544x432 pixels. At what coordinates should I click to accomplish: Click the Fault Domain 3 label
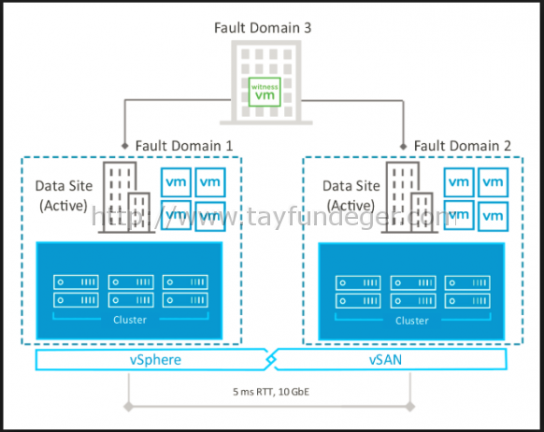(x=263, y=28)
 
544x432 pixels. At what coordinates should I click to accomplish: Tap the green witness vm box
(x=265, y=92)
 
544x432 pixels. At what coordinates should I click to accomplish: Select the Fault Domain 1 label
(x=184, y=146)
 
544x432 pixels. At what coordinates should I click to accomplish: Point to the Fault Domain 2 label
(x=463, y=146)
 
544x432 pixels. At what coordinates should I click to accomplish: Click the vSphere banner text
(x=155, y=360)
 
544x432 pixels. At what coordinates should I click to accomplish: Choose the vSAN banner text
(x=385, y=360)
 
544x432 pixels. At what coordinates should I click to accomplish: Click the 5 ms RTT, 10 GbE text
(x=271, y=392)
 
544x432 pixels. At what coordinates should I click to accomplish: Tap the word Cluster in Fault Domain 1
(x=130, y=320)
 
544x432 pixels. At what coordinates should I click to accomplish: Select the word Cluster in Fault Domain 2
(x=412, y=321)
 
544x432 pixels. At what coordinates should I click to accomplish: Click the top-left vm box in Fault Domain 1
(x=176, y=182)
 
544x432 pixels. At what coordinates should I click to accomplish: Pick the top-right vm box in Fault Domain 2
(x=493, y=182)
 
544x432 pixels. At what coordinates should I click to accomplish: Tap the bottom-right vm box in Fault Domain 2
(x=493, y=217)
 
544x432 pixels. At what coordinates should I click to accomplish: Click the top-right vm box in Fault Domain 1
(x=210, y=182)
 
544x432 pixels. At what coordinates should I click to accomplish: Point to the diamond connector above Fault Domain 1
(x=125, y=146)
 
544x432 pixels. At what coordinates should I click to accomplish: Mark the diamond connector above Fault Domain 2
(x=403, y=146)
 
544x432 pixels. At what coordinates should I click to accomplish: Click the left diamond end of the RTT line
(x=128, y=407)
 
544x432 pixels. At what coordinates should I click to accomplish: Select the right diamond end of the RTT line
(x=410, y=407)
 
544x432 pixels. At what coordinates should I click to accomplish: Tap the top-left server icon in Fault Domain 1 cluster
(x=76, y=282)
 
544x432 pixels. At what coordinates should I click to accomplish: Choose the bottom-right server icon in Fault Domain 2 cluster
(x=467, y=301)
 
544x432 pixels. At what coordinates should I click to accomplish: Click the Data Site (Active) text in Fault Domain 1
(x=64, y=195)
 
